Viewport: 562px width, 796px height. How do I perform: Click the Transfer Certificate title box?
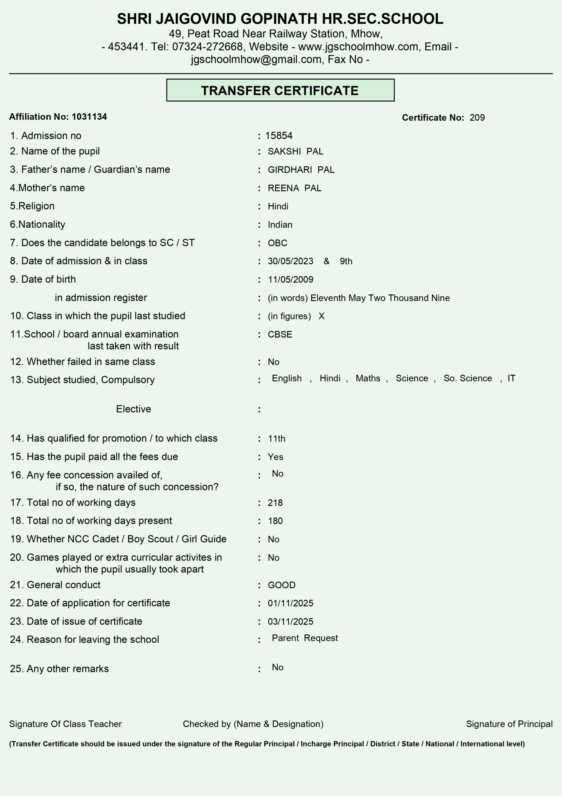(280, 90)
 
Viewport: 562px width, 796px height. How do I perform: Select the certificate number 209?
(477, 118)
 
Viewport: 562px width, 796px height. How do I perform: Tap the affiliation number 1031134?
(89, 117)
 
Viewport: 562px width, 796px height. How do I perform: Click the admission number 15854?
(279, 136)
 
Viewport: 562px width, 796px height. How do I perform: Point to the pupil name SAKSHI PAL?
(295, 151)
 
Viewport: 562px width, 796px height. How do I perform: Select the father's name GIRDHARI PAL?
(301, 170)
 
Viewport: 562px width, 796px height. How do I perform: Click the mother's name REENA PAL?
(294, 188)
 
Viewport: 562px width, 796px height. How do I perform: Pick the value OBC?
(277, 243)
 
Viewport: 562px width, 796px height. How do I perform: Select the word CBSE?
(280, 335)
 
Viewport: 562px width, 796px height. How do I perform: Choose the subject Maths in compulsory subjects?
(368, 378)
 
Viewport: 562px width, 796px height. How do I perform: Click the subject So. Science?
(468, 378)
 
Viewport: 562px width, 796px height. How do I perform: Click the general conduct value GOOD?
(281, 585)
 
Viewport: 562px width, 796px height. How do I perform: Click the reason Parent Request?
(304, 638)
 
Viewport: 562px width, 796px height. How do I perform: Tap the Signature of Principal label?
(509, 724)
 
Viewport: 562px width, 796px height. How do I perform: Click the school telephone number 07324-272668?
(207, 46)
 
